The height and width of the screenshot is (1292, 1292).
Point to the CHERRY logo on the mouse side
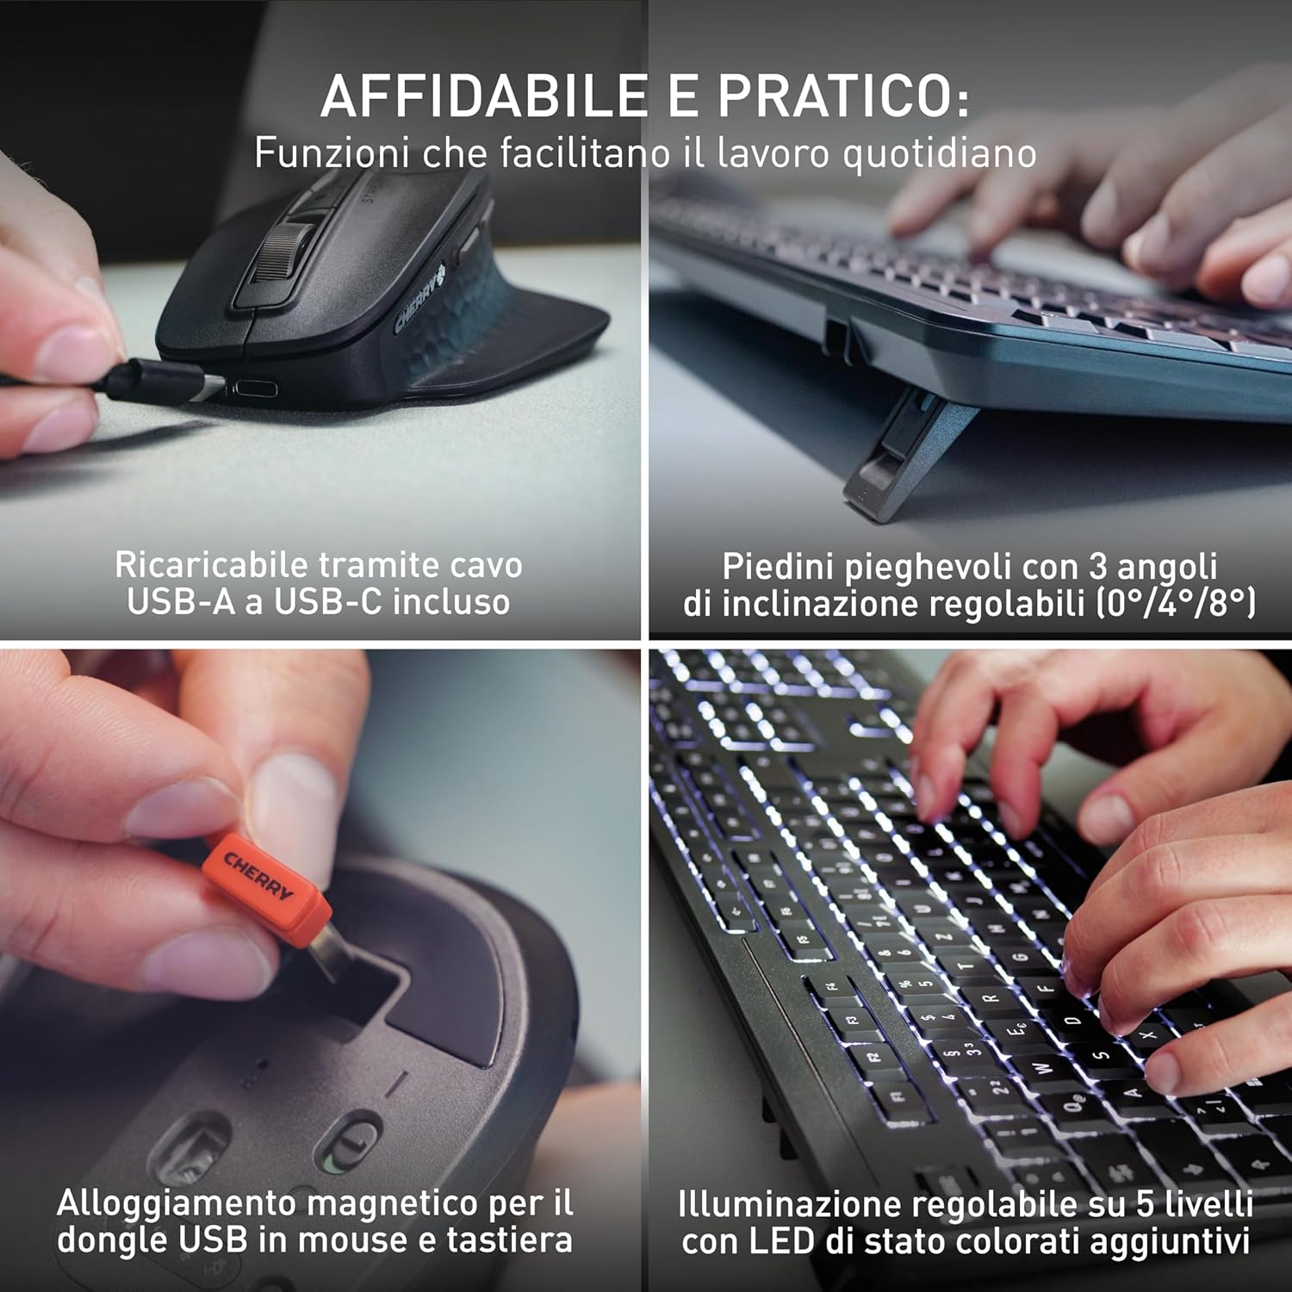(419, 299)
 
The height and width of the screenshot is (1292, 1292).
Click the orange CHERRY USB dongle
(267, 887)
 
